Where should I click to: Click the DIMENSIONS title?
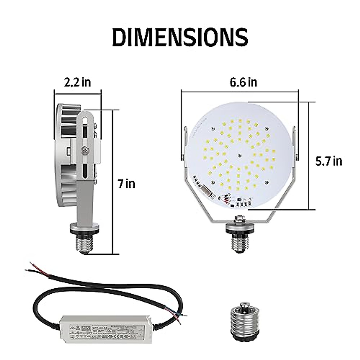pyautogui.click(x=180, y=37)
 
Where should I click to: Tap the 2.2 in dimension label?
pyautogui.click(x=77, y=82)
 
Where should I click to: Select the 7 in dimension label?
pyautogui.click(x=126, y=183)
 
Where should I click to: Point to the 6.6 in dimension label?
pyautogui.click(x=243, y=82)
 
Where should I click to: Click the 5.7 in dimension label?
pyautogui.click(x=328, y=161)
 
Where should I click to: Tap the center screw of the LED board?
pyautogui.click(x=239, y=155)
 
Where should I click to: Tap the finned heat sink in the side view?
pyautogui.click(x=66, y=156)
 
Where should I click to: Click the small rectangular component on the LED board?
pyautogui.click(x=207, y=190)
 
